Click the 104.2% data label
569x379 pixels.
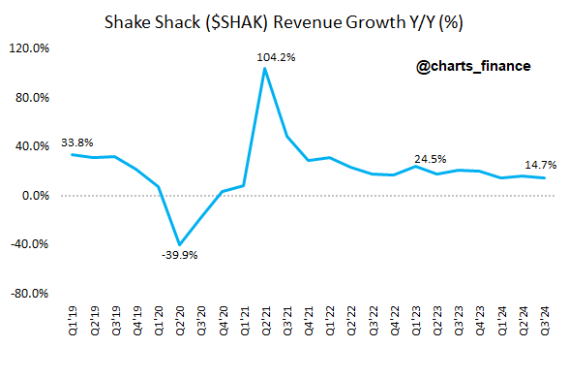[x=277, y=58]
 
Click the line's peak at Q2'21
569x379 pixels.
[x=265, y=69]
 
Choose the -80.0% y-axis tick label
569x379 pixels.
[x=32, y=293]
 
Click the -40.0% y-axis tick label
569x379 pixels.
[x=32, y=244]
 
